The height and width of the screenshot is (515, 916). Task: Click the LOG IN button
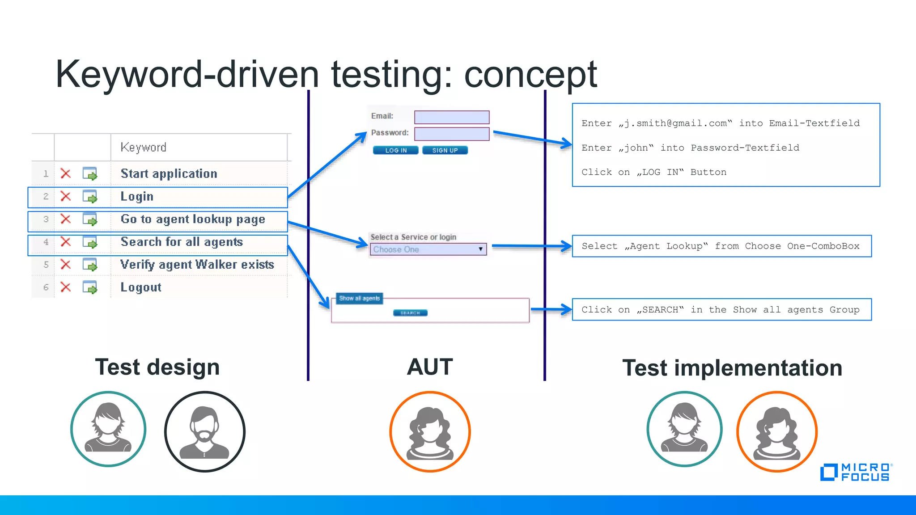[395, 150]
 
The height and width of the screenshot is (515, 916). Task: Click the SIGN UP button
[445, 150]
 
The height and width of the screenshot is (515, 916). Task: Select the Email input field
[451, 117]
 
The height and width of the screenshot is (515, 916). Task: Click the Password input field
[451, 134]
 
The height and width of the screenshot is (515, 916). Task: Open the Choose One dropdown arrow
[480, 249]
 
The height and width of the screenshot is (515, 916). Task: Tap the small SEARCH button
[410, 313]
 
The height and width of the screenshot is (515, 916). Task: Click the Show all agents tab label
[359, 298]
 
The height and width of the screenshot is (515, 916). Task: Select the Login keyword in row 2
[137, 196]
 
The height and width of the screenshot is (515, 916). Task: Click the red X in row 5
[66, 264]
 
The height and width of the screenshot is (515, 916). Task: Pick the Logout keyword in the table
[141, 287]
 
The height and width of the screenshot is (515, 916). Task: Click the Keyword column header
[144, 147]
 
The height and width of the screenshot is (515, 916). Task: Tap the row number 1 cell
[46, 173]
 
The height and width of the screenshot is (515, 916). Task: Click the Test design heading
[157, 367]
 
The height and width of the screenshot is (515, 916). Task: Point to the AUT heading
[429, 367]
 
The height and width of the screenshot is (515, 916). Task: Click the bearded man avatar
[204, 431]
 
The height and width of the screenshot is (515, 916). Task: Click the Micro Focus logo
[855, 472]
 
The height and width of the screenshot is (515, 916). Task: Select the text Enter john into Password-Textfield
[690, 148]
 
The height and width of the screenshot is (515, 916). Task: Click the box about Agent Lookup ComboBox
[721, 246]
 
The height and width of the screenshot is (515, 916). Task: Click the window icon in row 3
[90, 219]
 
